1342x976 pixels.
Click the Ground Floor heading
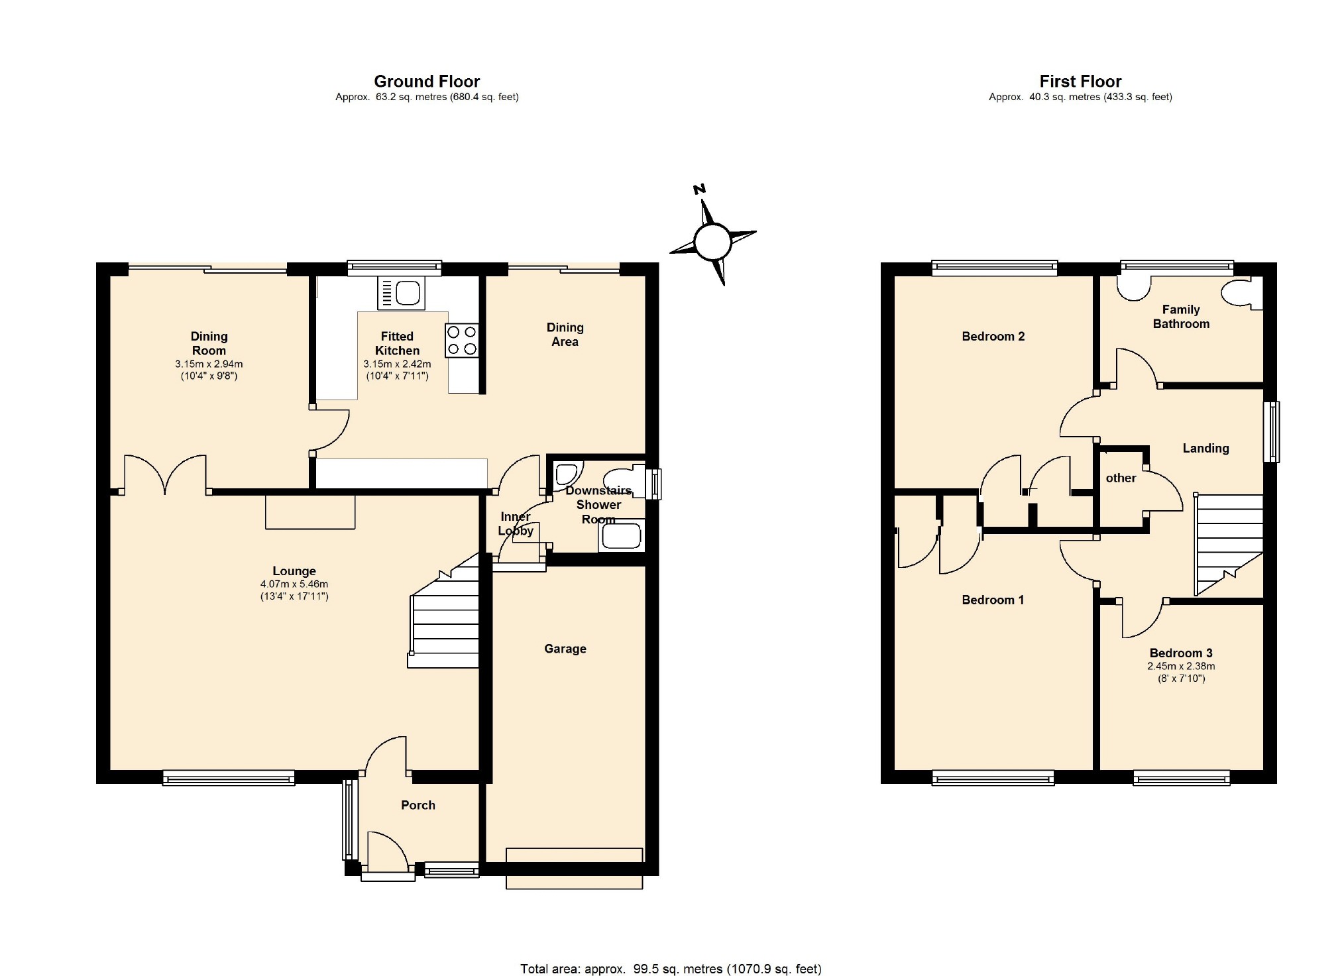click(427, 81)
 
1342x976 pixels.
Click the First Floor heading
click(1080, 81)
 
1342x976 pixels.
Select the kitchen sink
click(401, 293)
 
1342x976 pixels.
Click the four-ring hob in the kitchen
click(463, 340)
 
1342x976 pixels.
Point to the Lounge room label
click(294, 571)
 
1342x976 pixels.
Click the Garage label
click(565, 649)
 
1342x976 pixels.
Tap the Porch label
click(418, 805)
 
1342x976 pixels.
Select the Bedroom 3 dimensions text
click(1181, 673)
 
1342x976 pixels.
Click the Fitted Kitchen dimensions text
click(397, 370)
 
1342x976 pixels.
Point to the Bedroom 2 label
click(993, 337)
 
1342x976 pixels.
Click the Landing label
click(1205, 449)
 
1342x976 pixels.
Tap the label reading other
click(1121, 478)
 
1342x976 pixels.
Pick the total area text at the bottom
click(671, 969)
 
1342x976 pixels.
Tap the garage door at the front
click(574, 868)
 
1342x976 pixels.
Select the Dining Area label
click(565, 335)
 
